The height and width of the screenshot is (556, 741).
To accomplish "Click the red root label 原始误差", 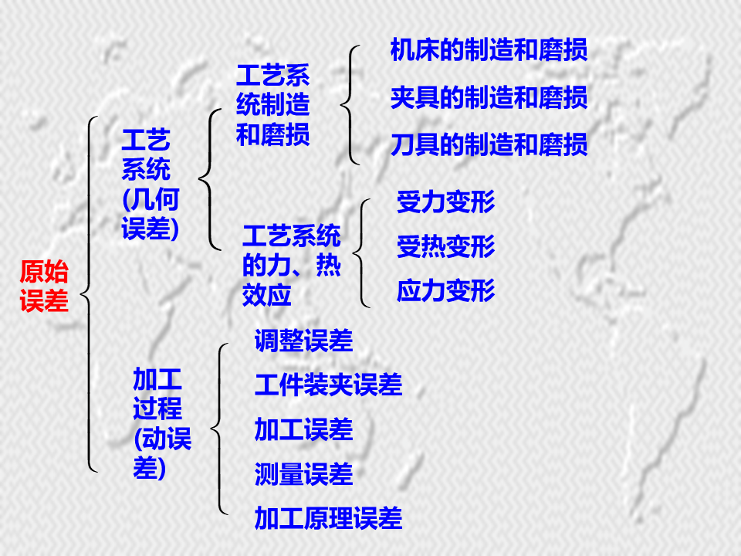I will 44,286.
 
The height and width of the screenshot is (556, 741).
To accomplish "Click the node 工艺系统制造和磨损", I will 272,106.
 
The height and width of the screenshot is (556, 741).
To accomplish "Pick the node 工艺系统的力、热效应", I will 291,266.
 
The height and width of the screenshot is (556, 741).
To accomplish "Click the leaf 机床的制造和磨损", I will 489,50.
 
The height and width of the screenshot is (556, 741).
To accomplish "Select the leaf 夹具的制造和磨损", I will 489,97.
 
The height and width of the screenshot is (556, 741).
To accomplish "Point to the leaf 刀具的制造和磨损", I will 489,144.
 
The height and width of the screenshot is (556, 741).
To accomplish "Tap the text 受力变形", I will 445,202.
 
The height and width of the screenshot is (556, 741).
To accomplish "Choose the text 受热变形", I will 445,247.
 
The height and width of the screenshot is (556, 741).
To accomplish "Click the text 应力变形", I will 445,291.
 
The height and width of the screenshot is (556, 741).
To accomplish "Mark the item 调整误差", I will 303,341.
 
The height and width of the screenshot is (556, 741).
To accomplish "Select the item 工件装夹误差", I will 328,385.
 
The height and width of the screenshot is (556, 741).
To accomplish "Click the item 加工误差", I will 303,429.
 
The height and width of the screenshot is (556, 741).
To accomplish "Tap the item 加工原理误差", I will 328,518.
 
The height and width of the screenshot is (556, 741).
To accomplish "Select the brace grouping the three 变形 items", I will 362,252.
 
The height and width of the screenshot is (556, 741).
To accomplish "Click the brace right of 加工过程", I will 219,429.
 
